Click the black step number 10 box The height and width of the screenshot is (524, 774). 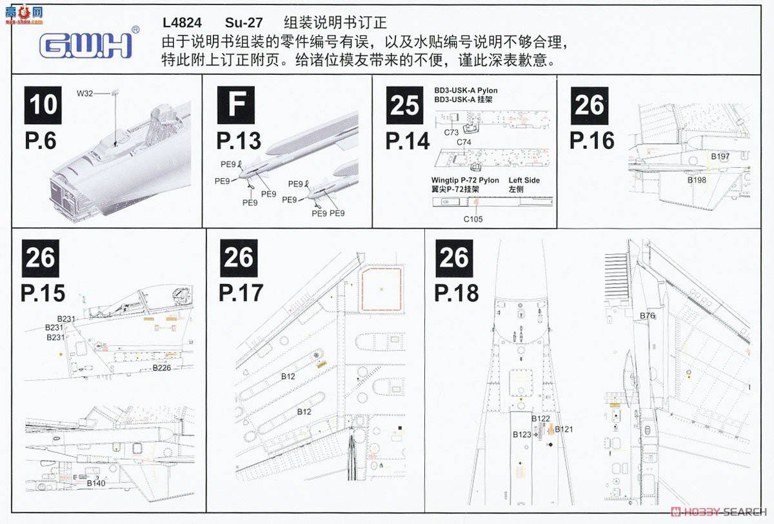click(x=43, y=105)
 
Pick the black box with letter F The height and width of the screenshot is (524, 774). click(x=235, y=105)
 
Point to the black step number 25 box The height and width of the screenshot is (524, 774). click(x=405, y=105)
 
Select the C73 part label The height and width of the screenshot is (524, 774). click(x=451, y=132)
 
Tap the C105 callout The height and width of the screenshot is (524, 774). click(x=473, y=219)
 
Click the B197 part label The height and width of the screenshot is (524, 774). click(x=720, y=156)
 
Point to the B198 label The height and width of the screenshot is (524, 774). click(x=697, y=180)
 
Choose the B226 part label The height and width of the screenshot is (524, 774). click(x=162, y=368)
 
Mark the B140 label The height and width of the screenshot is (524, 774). click(x=95, y=483)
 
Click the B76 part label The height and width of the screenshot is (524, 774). click(x=648, y=316)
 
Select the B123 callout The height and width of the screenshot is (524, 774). click(x=522, y=434)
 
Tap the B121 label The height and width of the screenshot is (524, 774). click(x=564, y=429)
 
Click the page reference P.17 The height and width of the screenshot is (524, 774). click(x=241, y=292)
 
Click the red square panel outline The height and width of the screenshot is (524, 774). click(x=381, y=290)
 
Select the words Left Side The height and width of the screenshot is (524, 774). click(x=524, y=181)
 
